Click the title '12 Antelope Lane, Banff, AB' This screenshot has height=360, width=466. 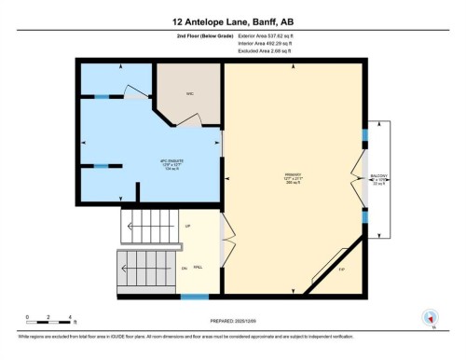(x=232, y=21)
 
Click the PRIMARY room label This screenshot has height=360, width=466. (x=294, y=175)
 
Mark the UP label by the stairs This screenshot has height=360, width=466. (x=187, y=227)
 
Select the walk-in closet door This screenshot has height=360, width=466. (x=189, y=118)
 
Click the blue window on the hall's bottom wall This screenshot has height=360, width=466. (x=194, y=297)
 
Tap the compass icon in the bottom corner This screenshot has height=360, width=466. (x=430, y=318)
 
